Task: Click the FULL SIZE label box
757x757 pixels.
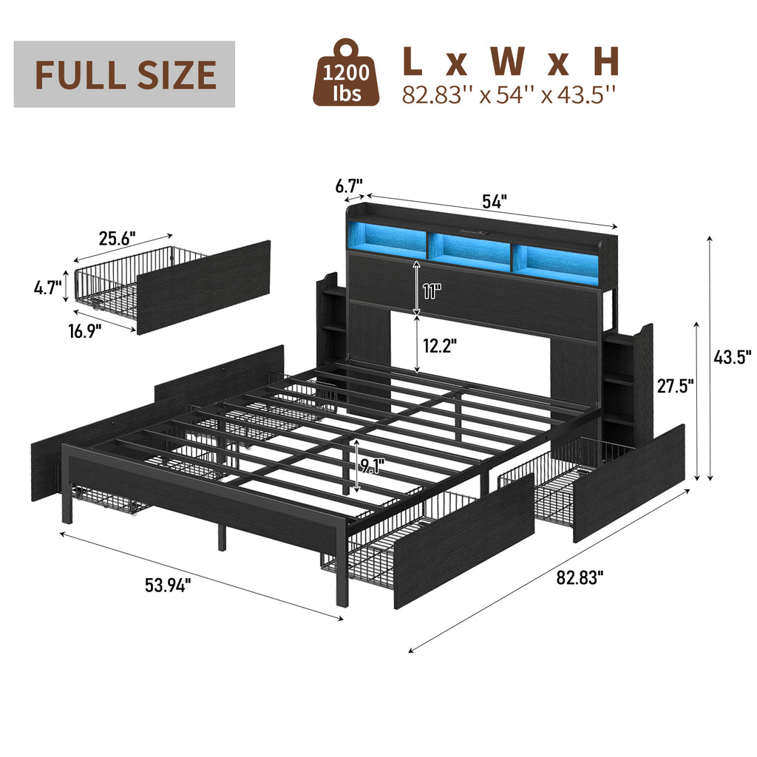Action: (124, 74)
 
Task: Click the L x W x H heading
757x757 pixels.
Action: (510, 62)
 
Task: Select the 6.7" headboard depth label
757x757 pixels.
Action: (349, 186)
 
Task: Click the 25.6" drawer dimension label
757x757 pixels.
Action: (118, 239)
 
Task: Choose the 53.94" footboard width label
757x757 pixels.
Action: (167, 585)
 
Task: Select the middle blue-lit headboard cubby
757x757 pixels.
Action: (467, 250)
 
